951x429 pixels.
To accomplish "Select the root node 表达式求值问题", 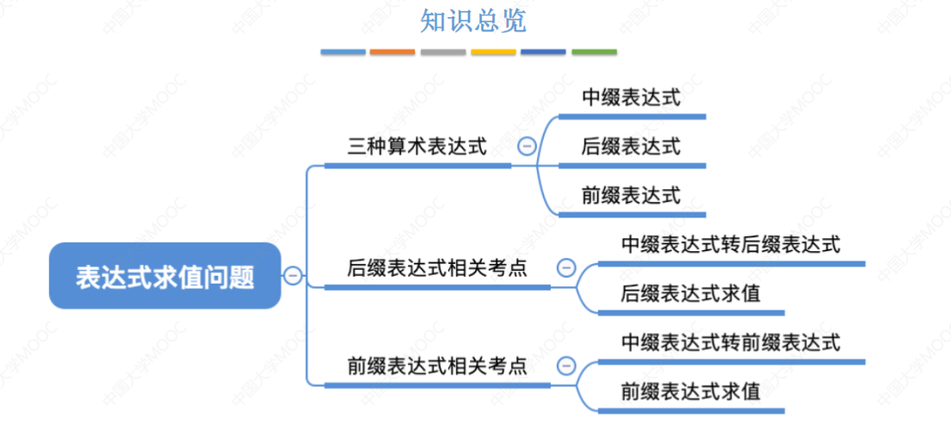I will pos(165,276).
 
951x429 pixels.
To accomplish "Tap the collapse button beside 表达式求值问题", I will pos(293,276).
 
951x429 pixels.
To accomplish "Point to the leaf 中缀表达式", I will pos(631,98).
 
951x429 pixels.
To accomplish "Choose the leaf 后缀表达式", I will pos(631,147).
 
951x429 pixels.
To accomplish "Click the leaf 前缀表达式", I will pos(631,196).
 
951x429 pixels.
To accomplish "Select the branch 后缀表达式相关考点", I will pos(437,268).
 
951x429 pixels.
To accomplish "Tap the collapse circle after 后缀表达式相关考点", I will pos(565,268).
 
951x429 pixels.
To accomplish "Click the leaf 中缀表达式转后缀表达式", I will pos(730,245).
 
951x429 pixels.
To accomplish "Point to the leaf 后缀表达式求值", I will pos(690,294).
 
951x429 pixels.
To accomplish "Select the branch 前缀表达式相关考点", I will pos(437,366).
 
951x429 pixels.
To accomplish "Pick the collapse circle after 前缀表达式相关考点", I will pos(565,366).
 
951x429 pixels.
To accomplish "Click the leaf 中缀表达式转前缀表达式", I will pos(730,343).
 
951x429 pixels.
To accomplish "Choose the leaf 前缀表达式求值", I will pos(690,392).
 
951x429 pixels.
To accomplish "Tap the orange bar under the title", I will pos(392,52).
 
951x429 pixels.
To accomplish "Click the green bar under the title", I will pos(594,52).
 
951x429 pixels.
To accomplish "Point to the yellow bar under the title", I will pos(493,52).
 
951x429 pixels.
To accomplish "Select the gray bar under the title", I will pos(443,52).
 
